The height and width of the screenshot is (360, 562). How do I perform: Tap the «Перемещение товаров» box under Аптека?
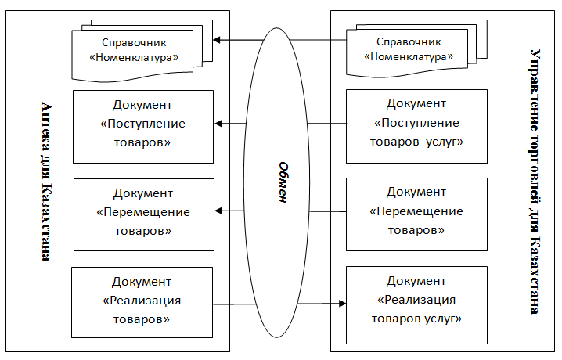coord(142,211)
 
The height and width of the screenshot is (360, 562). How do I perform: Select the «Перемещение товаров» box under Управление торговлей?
coord(416,211)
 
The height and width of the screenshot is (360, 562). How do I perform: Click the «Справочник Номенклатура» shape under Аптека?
coord(139,50)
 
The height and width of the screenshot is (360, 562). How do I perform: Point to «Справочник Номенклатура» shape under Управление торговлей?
coord(413,50)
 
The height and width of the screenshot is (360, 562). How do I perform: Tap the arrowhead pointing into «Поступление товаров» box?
coord(220,124)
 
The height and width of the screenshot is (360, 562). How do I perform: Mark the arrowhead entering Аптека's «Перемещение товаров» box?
coord(220,211)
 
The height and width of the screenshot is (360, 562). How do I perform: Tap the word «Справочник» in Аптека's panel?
coord(139,42)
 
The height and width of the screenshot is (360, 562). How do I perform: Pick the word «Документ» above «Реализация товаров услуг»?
coord(416,281)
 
